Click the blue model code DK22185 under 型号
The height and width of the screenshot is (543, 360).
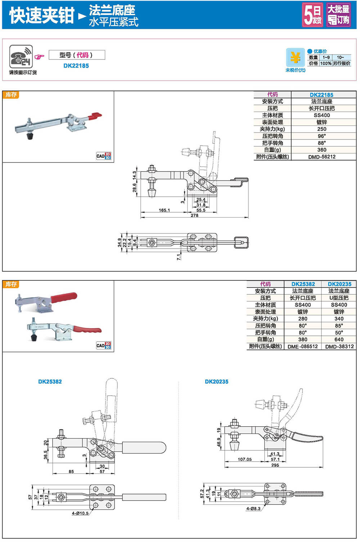pyautogui.click(x=76, y=66)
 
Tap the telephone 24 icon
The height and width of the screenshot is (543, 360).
pyautogui.click(x=21, y=57)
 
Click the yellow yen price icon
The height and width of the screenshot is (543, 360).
pyautogui.click(x=295, y=57)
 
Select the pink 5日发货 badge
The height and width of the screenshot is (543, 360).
pyautogui.click(x=312, y=15)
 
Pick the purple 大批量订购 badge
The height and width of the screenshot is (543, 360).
pyautogui.click(x=338, y=15)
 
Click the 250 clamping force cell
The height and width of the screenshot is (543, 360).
pyautogui.click(x=321, y=129)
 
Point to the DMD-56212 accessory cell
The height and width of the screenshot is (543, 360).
pyautogui.click(x=321, y=157)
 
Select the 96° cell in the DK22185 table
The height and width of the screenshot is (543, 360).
pyautogui.click(x=321, y=136)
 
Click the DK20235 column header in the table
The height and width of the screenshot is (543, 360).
pyautogui.click(x=339, y=284)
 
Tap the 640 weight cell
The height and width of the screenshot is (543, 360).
pyautogui.click(x=339, y=339)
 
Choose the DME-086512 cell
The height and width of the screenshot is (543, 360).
pyautogui.click(x=302, y=347)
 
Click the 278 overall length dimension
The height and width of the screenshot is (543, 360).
pyautogui.click(x=194, y=215)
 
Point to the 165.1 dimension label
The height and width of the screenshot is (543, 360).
pyautogui.click(x=164, y=210)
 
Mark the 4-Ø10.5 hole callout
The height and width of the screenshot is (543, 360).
pyautogui.click(x=80, y=513)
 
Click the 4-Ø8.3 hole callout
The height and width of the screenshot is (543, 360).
pyautogui.click(x=253, y=508)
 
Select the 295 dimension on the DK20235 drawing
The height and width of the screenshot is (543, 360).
pyautogui.click(x=275, y=465)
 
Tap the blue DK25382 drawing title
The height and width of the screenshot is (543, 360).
pyautogui.click(x=50, y=382)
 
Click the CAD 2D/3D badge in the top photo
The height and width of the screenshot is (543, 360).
pyautogui.click(x=103, y=156)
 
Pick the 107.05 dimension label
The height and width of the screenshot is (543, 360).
pyautogui.click(x=244, y=459)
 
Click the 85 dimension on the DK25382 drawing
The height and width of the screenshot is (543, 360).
pyautogui.click(x=71, y=471)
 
